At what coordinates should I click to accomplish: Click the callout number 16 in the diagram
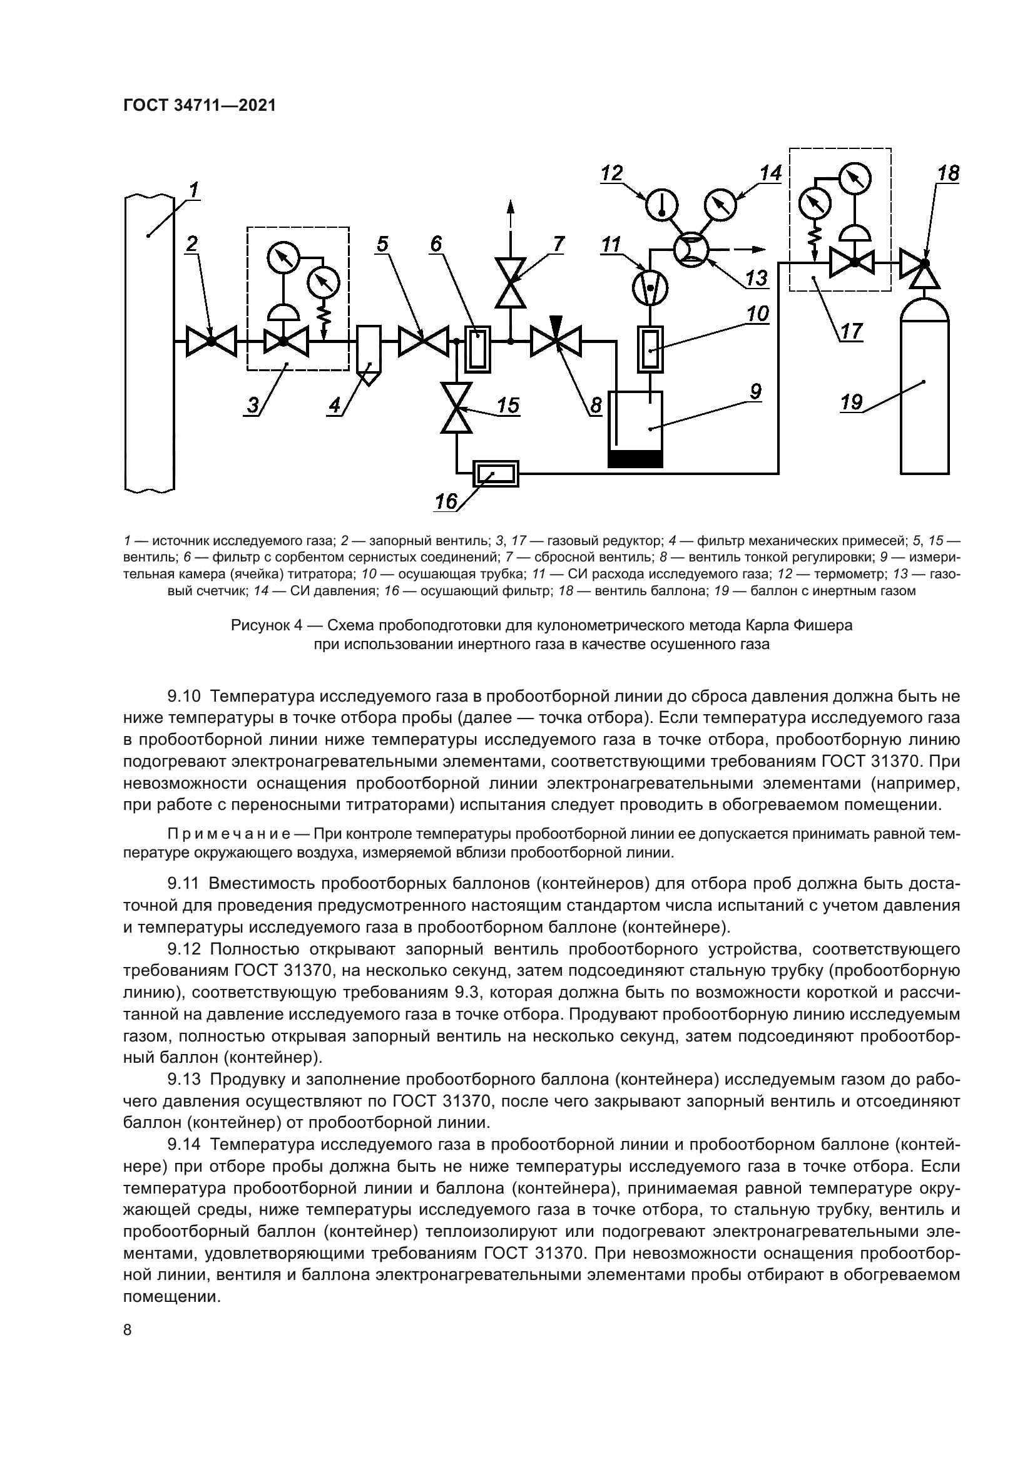click(x=446, y=502)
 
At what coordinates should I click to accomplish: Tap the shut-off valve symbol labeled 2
click(x=211, y=342)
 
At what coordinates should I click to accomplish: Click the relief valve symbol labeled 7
click(x=511, y=283)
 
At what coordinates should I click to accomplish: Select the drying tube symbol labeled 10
click(x=649, y=349)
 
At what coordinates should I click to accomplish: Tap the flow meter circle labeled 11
click(x=650, y=287)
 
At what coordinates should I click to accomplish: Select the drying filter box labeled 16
click(x=495, y=474)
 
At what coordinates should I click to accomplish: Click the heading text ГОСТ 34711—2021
click(x=200, y=105)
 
